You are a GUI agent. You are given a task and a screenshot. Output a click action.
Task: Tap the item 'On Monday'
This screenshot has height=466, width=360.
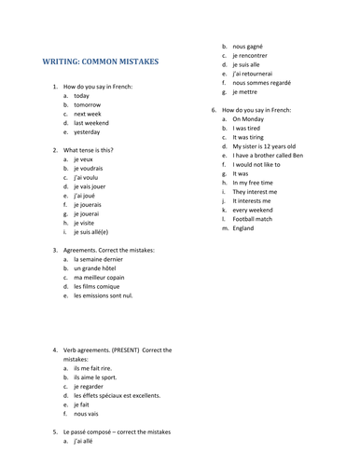249,119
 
